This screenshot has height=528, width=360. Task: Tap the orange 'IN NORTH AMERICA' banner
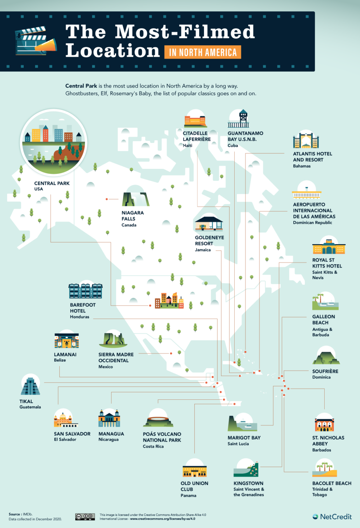click(203, 52)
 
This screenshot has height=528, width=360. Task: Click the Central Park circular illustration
click(54, 142)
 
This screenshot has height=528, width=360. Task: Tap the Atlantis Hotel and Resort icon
click(306, 141)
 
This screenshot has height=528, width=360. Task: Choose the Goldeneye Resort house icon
click(209, 223)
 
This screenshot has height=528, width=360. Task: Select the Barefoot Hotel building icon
click(86, 291)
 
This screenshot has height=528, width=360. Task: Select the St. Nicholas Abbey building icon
click(324, 425)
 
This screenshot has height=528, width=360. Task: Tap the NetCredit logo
click(332, 517)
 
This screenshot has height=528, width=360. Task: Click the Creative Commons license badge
click(85, 517)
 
